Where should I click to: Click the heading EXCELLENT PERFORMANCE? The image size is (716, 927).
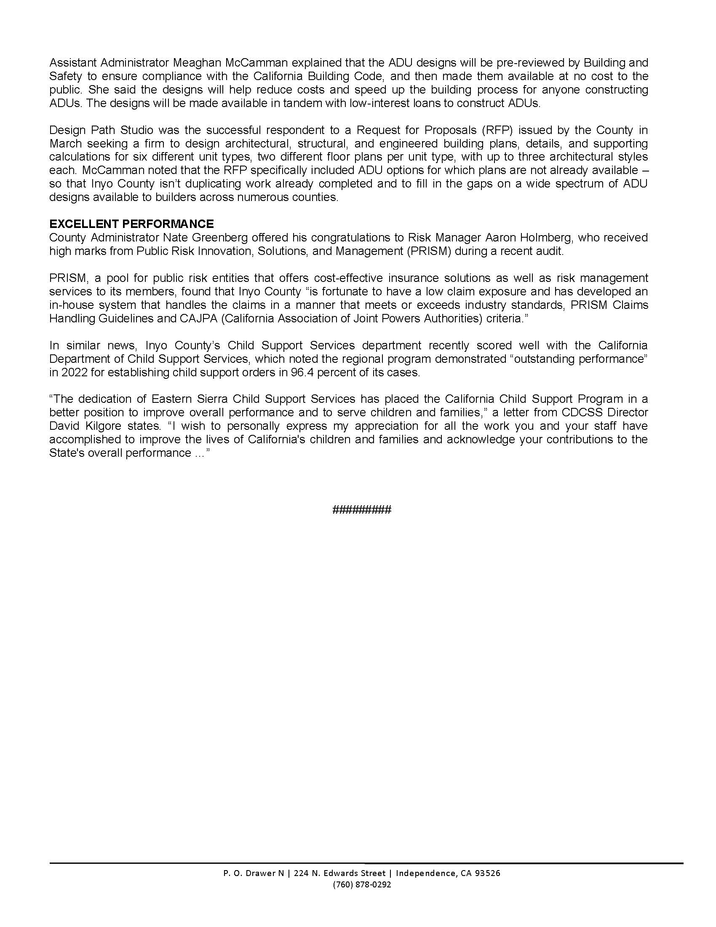(131, 224)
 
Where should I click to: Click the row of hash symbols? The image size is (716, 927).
(362, 509)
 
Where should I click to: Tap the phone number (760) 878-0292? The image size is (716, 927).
(362, 884)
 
